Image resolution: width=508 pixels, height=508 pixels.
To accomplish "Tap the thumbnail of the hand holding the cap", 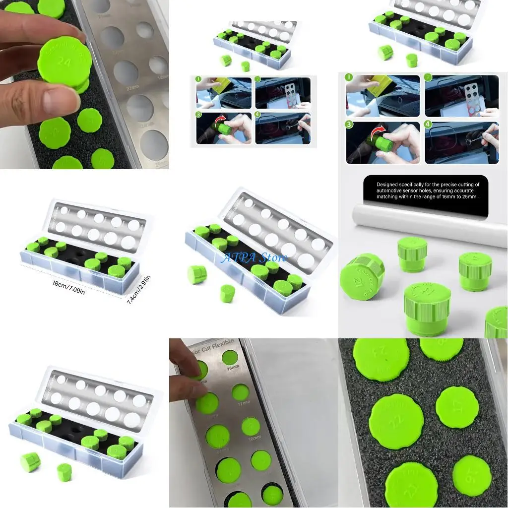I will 84,84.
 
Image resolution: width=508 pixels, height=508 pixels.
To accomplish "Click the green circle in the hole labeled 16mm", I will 230,357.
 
